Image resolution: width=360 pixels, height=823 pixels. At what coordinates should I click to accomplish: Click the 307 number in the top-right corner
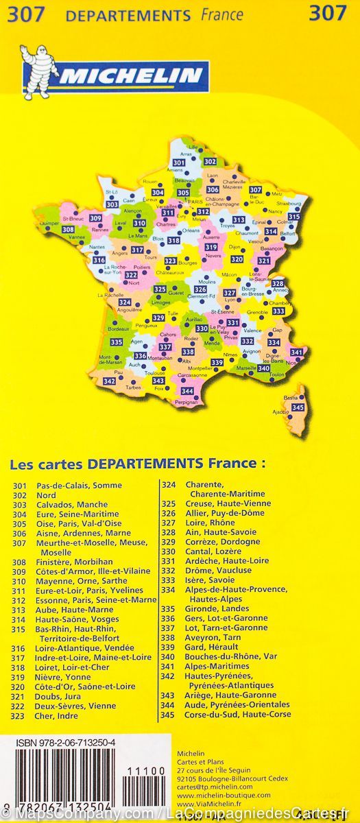[x=327, y=13]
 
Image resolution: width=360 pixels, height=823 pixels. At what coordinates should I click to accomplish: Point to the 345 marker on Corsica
[x=297, y=407]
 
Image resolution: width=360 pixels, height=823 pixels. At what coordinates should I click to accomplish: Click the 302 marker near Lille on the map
[x=210, y=162]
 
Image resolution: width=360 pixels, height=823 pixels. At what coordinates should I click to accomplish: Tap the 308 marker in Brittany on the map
[x=68, y=229]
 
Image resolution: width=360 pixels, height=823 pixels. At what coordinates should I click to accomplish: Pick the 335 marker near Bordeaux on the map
[x=117, y=342]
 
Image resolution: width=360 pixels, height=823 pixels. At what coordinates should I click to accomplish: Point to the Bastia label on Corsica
[x=291, y=397]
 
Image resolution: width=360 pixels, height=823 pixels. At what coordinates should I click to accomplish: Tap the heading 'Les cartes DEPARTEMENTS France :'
[x=137, y=464]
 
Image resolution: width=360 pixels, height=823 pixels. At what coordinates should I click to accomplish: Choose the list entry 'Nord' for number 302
[x=47, y=495]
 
